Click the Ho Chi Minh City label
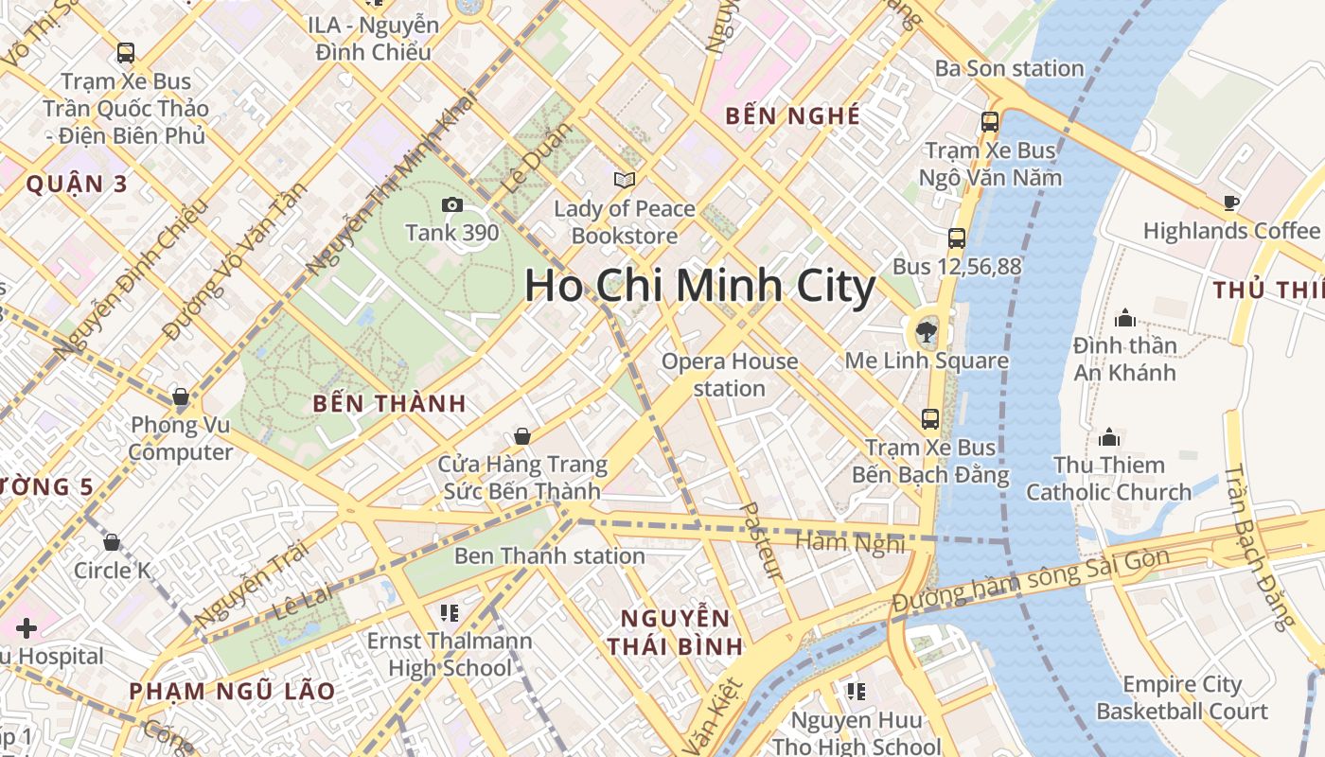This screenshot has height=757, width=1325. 700,286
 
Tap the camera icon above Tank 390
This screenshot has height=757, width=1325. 452,204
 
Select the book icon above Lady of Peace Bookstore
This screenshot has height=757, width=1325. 624,180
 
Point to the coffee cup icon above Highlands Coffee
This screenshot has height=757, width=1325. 1230,202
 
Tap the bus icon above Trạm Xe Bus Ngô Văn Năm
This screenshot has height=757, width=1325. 990,122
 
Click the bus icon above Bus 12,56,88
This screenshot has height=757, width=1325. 957,238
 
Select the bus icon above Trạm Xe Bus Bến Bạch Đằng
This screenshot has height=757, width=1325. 930,419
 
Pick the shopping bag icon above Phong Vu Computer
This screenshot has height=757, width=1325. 181,396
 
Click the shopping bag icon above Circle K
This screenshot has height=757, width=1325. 112,543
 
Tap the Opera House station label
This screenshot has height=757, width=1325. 730,375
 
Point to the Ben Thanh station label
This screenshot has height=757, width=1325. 549,555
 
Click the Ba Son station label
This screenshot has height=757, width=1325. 1009,68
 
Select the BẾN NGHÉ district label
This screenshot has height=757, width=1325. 793,116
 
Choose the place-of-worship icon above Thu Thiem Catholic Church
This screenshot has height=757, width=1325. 1109,437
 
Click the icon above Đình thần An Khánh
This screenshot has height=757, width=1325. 1125,317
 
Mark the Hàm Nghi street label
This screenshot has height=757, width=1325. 851,542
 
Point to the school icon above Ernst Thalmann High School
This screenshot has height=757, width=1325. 450,613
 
